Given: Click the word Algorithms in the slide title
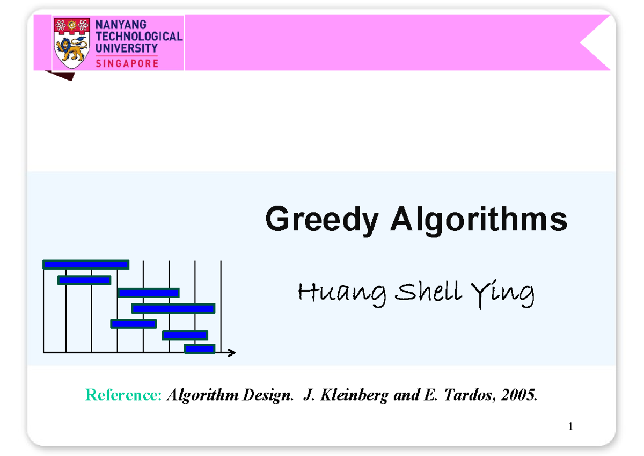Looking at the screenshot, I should pyautogui.click(x=479, y=220).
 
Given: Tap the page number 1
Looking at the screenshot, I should pyautogui.click(x=570, y=427).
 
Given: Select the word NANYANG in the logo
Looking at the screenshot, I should pyautogui.click(x=121, y=25).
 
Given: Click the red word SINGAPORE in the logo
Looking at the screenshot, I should pyautogui.click(x=127, y=63).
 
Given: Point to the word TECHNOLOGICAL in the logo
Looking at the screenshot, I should pyautogui.click(x=138, y=37).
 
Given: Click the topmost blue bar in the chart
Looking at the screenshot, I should pyautogui.click(x=86, y=264).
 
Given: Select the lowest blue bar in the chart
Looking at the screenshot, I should pyautogui.click(x=200, y=349).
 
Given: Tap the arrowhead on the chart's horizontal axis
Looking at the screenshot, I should pyautogui.click(x=231, y=352).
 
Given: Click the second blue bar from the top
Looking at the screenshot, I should pyautogui.click(x=84, y=280).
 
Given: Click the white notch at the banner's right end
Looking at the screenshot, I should pyautogui.click(x=597, y=43).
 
